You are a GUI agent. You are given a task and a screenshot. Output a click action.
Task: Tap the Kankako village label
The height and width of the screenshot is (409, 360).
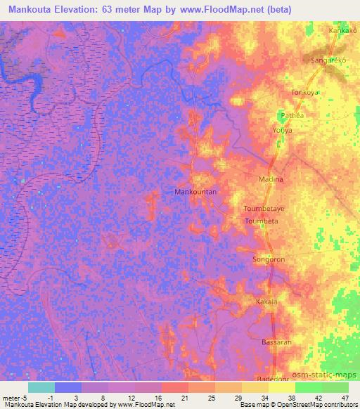(343, 31)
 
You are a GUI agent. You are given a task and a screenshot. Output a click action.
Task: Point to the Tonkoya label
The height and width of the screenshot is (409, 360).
(305, 92)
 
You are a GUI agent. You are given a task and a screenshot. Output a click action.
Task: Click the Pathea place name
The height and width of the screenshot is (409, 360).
(291, 117)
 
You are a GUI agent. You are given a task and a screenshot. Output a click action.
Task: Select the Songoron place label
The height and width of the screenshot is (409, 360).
(269, 259)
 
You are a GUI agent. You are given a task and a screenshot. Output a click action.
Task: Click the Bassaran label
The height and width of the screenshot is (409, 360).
(276, 341)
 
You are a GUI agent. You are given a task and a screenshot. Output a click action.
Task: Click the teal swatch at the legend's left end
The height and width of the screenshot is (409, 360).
(41, 387)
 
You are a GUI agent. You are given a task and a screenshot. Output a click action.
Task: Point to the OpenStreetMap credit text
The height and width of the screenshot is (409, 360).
(326, 405)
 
